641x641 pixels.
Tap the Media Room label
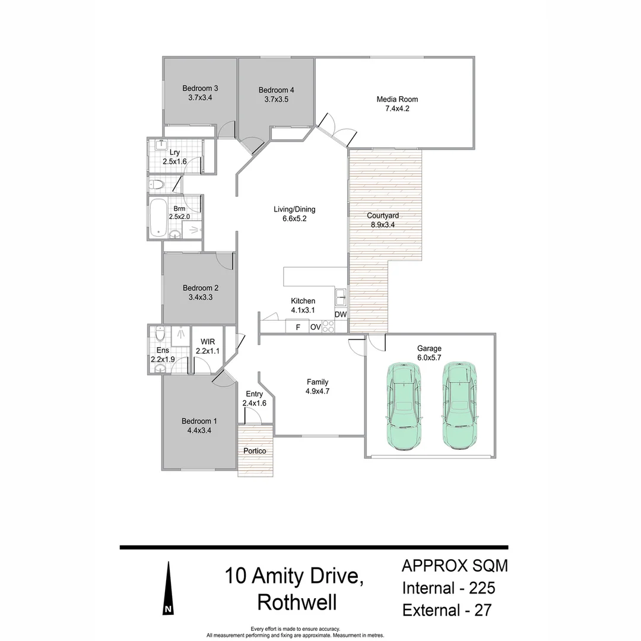pyautogui.click(x=397, y=99)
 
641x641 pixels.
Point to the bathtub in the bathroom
pyautogui.click(x=158, y=218)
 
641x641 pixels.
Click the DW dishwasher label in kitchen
pyautogui.click(x=341, y=315)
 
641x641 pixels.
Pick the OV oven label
pyautogui.click(x=315, y=327)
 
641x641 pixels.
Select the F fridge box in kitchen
pyautogui.click(x=297, y=327)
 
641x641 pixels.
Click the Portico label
pyautogui.click(x=255, y=451)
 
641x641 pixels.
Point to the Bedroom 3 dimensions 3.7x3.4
pyautogui.click(x=200, y=98)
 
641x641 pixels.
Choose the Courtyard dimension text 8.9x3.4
pyautogui.click(x=383, y=224)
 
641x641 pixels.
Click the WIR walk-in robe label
pyautogui.click(x=208, y=342)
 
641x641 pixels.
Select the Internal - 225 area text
pyautogui.click(x=449, y=588)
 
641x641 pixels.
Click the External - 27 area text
pyautogui.click(x=446, y=610)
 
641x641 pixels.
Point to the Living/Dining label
pyautogui.click(x=294, y=209)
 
